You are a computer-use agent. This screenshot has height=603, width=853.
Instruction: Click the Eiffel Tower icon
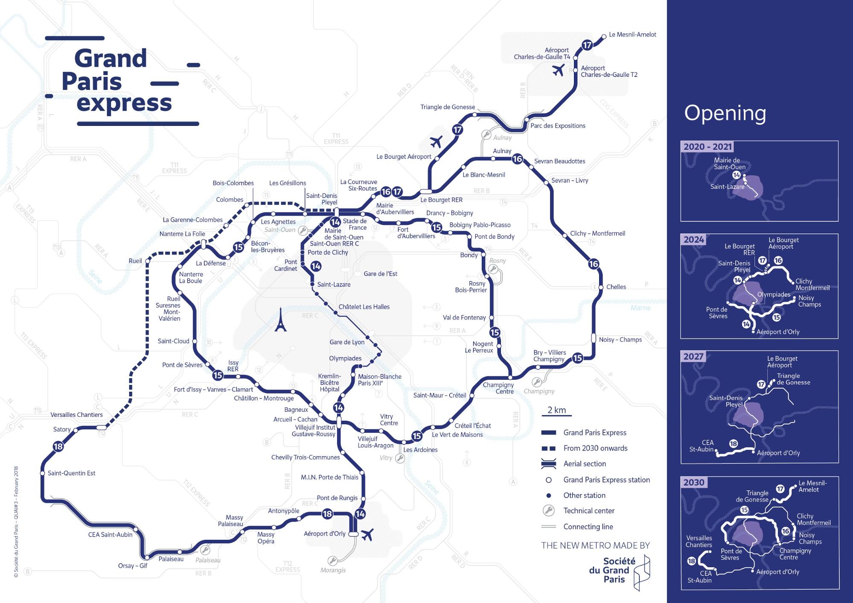pos(280,320)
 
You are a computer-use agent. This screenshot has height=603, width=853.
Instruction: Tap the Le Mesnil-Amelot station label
pos(632,35)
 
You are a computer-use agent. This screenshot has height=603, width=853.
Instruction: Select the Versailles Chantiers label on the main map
pos(76,415)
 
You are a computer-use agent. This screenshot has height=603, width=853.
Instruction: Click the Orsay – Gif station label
pos(132,566)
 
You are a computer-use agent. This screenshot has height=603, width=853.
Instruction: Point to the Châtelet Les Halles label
pos(364,307)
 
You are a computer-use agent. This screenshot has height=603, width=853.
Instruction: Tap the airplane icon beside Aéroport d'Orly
pos(367,534)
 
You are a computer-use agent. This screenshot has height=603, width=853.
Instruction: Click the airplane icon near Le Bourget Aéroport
pos(436,141)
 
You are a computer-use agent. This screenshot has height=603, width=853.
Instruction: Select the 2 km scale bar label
pos(556,410)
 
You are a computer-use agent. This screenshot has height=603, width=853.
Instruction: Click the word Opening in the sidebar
pos(725,113)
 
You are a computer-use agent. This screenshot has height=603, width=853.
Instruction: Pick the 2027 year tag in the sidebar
pos(693,357)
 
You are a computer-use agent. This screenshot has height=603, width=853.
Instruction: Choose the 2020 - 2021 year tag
pos(707,147)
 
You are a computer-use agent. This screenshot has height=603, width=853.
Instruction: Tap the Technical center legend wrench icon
pos(548,510)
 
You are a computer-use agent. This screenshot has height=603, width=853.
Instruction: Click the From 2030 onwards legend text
pos(595,448)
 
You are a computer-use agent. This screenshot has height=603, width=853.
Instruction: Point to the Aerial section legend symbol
pos(548,463)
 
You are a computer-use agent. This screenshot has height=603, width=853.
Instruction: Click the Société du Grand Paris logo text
pos(613,570)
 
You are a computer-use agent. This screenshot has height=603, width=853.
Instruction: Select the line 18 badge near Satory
pos(58,447)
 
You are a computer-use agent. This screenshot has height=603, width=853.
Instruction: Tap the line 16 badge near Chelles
pos(594,264)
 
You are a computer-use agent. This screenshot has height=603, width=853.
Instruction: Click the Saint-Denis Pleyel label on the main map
pos(321,199)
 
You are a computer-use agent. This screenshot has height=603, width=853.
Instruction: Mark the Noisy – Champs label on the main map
pos(620,340)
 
